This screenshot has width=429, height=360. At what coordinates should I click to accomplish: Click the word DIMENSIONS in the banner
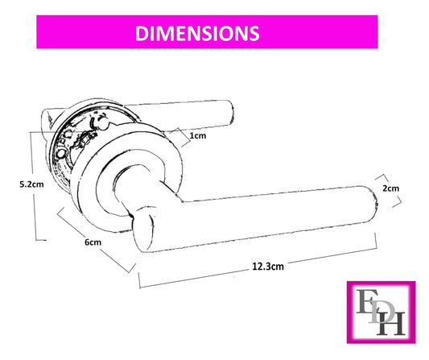click(197, 33)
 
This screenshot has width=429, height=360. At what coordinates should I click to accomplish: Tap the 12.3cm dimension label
click(268, 266)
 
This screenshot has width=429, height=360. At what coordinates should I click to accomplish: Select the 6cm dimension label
click(93, 242)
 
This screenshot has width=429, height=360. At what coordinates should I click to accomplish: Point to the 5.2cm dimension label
click(31, 184)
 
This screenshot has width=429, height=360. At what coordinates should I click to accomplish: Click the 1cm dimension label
click(198, 135)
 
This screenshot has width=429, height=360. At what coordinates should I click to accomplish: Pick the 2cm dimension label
click(390, 188)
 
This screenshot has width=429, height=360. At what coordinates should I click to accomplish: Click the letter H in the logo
click(390, 325)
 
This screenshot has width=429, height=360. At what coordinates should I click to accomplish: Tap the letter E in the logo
click(366, 301)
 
